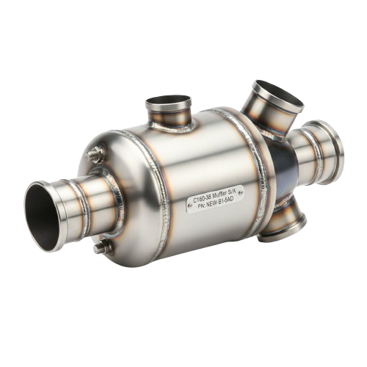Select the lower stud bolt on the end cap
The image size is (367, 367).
tap(104, 244)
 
